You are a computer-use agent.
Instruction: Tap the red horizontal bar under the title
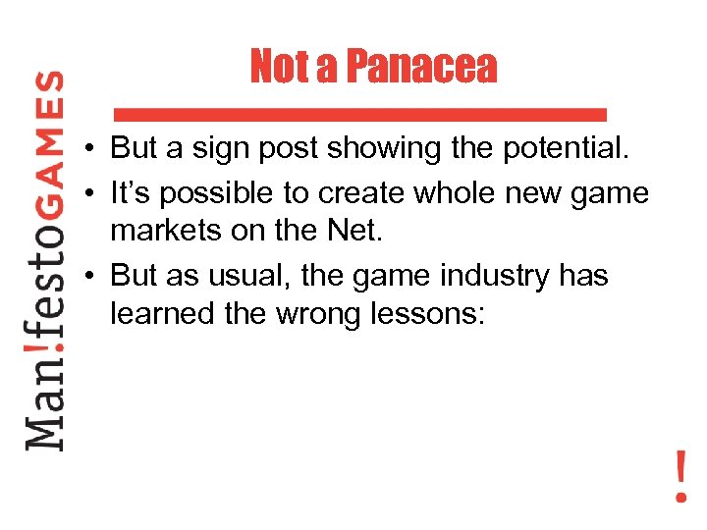click(360, 112)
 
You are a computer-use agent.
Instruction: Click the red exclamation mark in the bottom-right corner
click(680, 477)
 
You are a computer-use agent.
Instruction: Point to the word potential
click(567, 148)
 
